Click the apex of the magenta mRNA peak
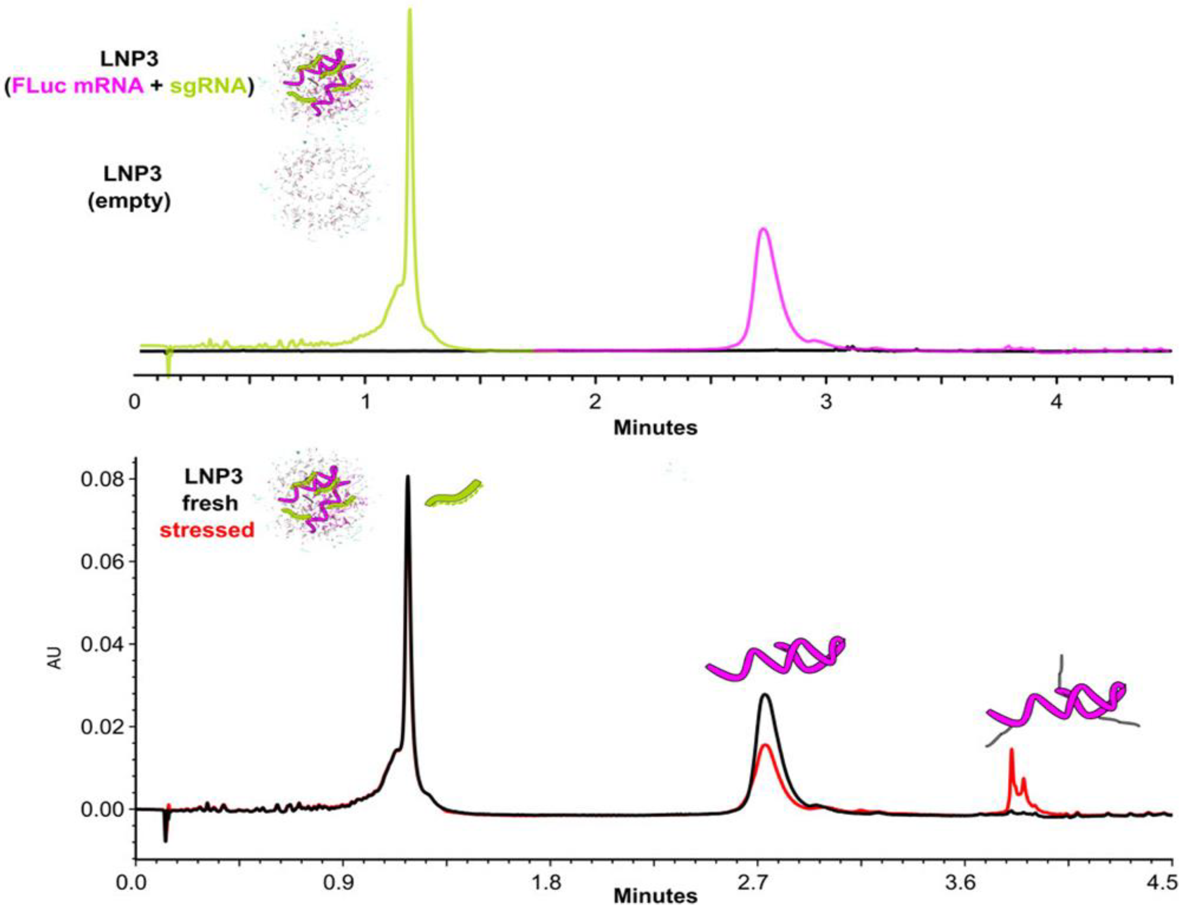pos(763,229)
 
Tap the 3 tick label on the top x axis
pos(825,402)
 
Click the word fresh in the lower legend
pos(210,503)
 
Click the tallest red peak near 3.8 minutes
pos(1011,751)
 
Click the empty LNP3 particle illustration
pos(325,192)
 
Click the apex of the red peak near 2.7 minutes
pos(765,746)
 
